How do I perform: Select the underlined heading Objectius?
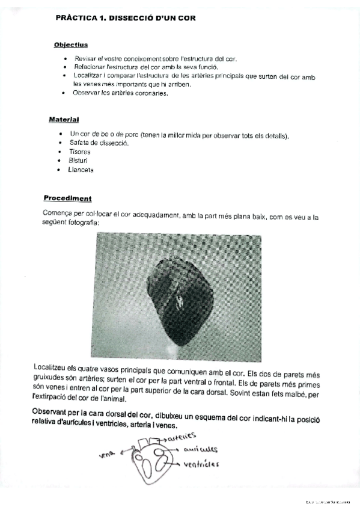tap(71, 45)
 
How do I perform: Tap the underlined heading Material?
tap(64, 120)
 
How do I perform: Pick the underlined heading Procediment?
tap(67, 198)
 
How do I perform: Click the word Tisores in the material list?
tap(80, 152)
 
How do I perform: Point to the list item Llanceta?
tap(81, 170)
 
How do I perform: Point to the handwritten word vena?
tap(107, 455)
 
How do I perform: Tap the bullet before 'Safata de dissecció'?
tap(61, 143)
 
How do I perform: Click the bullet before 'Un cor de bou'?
tap(61, 134)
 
